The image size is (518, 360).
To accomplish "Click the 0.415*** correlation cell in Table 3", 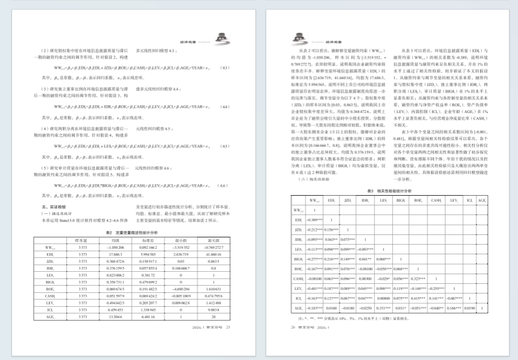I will pyautogui.click(x=435, y=298).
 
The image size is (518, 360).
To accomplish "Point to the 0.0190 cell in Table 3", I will pyautogui.click(x=469, y=307).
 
